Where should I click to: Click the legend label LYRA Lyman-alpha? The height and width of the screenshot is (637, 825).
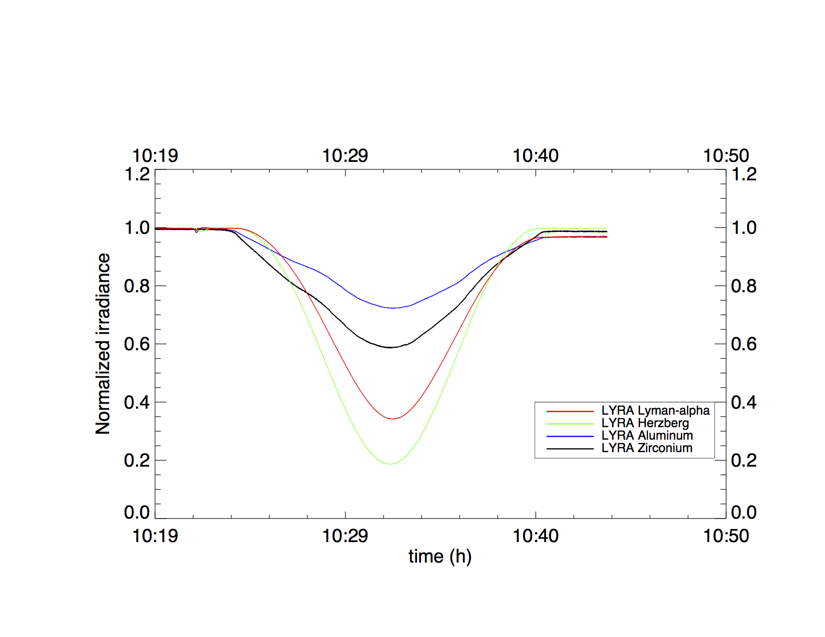point(655,411)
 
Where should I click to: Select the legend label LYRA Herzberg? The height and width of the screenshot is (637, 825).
point(645,423)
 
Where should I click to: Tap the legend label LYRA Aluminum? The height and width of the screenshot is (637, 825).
point(647,436)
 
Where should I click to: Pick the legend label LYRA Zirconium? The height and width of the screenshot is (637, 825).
point(647,448)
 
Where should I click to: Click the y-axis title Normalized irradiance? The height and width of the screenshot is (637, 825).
point(102,344)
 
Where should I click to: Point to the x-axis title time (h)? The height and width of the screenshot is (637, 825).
point(440,556)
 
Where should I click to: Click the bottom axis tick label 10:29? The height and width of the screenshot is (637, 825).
point(345,536)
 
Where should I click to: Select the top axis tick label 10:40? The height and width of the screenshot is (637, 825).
point(535,156)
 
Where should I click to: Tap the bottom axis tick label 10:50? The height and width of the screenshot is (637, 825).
point(726,536)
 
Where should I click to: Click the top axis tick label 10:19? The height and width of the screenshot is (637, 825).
point(155,156)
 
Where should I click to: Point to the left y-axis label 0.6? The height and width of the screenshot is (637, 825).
point(137,344)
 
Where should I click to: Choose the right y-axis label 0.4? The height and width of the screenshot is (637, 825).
point(744,402)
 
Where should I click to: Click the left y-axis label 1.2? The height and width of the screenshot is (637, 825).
point(137,174)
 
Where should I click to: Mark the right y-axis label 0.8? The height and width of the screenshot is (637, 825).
point(744,286)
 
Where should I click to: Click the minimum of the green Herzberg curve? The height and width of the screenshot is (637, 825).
point(390,464)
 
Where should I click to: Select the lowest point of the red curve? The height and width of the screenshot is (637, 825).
point(393,419)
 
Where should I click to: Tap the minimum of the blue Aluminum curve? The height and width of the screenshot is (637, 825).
point(393,308)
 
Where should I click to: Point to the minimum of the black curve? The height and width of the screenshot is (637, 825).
point(390,347)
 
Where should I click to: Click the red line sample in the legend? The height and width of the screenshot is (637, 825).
point(570,411)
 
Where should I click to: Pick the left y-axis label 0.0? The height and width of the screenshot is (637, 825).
point(137,513)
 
